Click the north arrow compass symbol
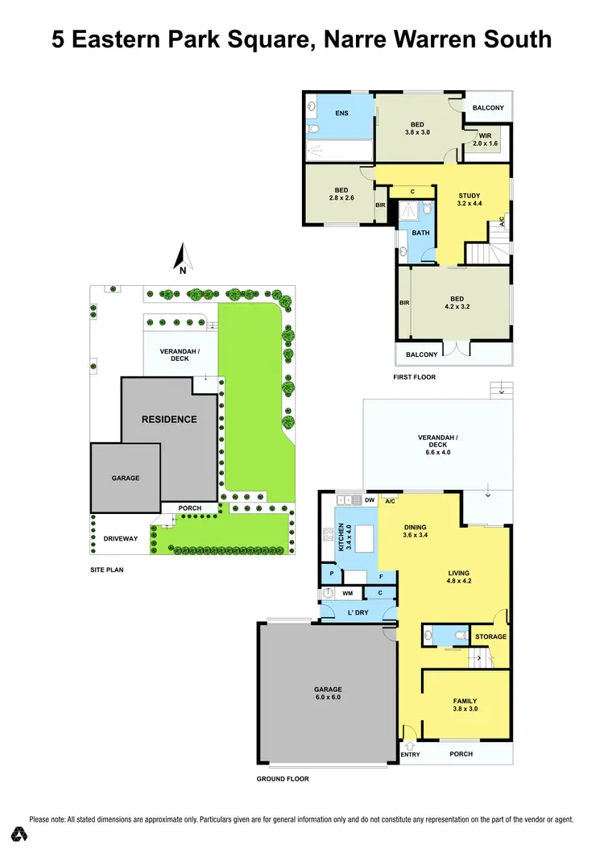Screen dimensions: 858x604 (183, 259)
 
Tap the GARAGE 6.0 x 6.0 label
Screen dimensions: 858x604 (328, 694)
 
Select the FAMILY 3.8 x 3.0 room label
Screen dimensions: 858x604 (465, 705)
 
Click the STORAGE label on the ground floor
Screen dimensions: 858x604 (490, 636)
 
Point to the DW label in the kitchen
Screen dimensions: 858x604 (370, 500)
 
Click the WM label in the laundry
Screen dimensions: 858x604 (348, 594)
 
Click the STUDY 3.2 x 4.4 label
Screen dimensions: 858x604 (469, 200)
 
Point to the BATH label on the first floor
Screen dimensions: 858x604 (420, 233)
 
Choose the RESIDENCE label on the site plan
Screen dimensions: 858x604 (169, 419)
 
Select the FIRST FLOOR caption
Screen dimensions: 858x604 (415, 377)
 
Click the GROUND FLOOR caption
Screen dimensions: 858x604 (283, 779)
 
